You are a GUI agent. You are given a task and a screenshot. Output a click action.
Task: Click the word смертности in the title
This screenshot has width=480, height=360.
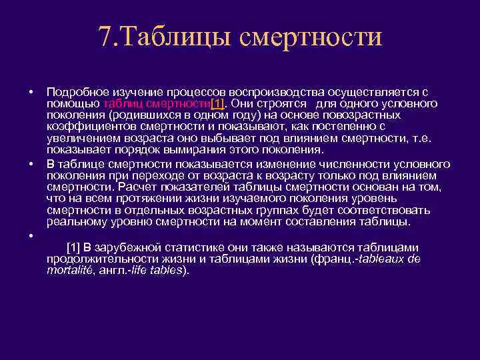tap(307, 36)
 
